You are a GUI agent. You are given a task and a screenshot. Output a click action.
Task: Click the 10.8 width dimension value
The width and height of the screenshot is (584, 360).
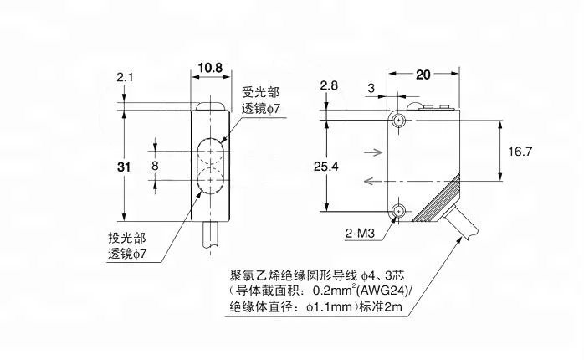coord(210,68)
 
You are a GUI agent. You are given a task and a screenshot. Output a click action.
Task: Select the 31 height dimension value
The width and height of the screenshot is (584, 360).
coord(124,167)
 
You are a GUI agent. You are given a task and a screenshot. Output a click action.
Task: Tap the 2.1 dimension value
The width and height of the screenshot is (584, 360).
coord(125,77)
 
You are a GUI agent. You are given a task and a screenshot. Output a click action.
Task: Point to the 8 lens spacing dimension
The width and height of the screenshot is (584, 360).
coord(155,166)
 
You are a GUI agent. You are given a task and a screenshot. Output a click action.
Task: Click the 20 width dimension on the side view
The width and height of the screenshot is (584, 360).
coord(423,75)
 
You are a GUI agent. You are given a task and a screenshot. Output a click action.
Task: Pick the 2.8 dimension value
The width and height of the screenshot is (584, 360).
coord(329,85)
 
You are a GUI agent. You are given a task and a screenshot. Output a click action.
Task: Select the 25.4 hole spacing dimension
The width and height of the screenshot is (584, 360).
coord(326,167)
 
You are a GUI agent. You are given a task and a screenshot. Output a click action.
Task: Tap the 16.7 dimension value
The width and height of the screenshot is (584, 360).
coord(520,152)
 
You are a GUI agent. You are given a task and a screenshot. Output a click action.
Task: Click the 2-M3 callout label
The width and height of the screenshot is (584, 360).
coord(360,234)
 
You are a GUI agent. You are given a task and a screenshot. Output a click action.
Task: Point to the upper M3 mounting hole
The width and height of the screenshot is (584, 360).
coord(399,121)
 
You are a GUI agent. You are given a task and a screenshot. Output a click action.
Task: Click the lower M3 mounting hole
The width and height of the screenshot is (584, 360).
coord(399,212)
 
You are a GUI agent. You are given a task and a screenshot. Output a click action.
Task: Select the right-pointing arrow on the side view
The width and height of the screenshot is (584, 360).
coord(373,152)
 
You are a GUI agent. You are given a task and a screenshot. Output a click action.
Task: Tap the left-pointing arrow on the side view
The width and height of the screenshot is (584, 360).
coord(373,182)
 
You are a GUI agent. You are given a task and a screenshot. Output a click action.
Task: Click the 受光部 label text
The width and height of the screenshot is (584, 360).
coord(261,92)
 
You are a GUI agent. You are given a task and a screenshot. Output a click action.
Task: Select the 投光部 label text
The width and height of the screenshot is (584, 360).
coord(127,238)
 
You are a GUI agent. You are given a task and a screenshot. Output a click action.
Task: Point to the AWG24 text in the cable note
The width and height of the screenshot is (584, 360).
coord(388,290)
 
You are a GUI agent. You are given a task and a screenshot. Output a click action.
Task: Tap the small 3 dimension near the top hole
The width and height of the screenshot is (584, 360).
coord(371,88)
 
